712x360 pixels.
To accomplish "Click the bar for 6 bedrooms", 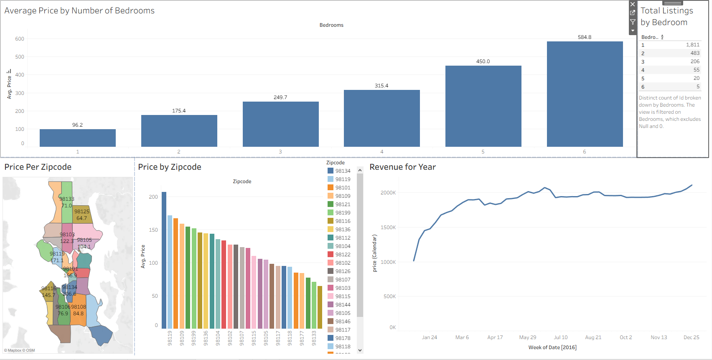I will pos(585,94).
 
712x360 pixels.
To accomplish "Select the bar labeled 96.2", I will pos(77,138).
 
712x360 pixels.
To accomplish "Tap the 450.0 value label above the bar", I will pos(483,61).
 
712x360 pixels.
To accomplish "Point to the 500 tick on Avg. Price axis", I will pos(20,57).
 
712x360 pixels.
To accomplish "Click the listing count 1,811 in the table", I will pos(692,45).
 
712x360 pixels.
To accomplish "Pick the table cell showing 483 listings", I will pos(695,53).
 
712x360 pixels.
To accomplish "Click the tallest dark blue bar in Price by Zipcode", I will pos(164,259).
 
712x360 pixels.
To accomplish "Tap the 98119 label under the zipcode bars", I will pos(170,338).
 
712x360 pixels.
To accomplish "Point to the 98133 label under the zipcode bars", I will pos(314,338).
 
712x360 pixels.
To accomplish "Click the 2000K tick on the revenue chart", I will pos(388,193).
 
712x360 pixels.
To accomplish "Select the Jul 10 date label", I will pos(561,337).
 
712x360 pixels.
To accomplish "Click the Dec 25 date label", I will pos(691,337).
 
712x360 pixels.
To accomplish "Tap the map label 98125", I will pos(82,212).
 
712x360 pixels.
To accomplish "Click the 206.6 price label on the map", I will pos(69,294).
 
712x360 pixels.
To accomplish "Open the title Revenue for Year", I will pos(402,167).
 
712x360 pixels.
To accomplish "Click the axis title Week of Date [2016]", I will pos(552,347).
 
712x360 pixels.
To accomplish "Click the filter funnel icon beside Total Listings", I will pos(633,22).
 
